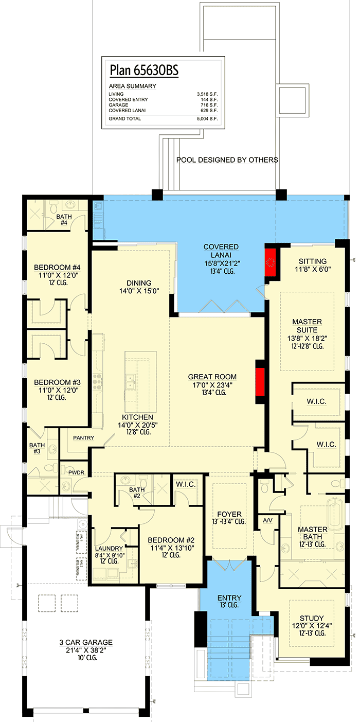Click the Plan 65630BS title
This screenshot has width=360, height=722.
(x=143, y=70)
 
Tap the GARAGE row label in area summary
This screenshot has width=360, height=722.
(x=119, y=105)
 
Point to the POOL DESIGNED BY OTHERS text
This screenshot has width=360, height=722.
(x=227, y=160)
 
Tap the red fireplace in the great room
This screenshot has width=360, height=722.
(x=260, y=382)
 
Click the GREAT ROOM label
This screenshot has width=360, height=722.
(x=211, y=377)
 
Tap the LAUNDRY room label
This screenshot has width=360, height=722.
(x=109, y=548)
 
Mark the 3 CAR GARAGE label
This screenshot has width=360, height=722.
(x=85, y=642)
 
